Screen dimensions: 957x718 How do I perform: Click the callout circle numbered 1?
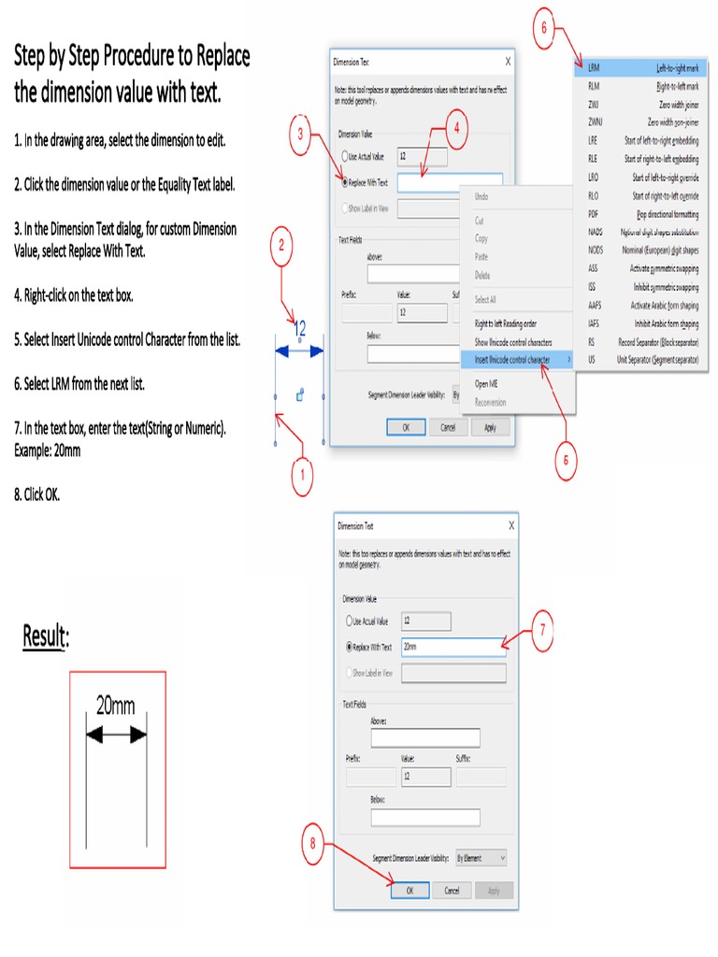point(300,478)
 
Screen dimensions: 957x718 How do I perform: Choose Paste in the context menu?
point(481,256)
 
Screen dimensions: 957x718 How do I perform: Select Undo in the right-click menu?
point(481,197)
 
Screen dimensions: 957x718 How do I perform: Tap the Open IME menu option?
point(485,383)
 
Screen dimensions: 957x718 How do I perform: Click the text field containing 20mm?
point(452,647)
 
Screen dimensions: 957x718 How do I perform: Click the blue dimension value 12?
point(300,329)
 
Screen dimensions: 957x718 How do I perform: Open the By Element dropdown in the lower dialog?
point(481,857)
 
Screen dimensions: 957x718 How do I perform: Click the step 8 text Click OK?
point(36,494)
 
